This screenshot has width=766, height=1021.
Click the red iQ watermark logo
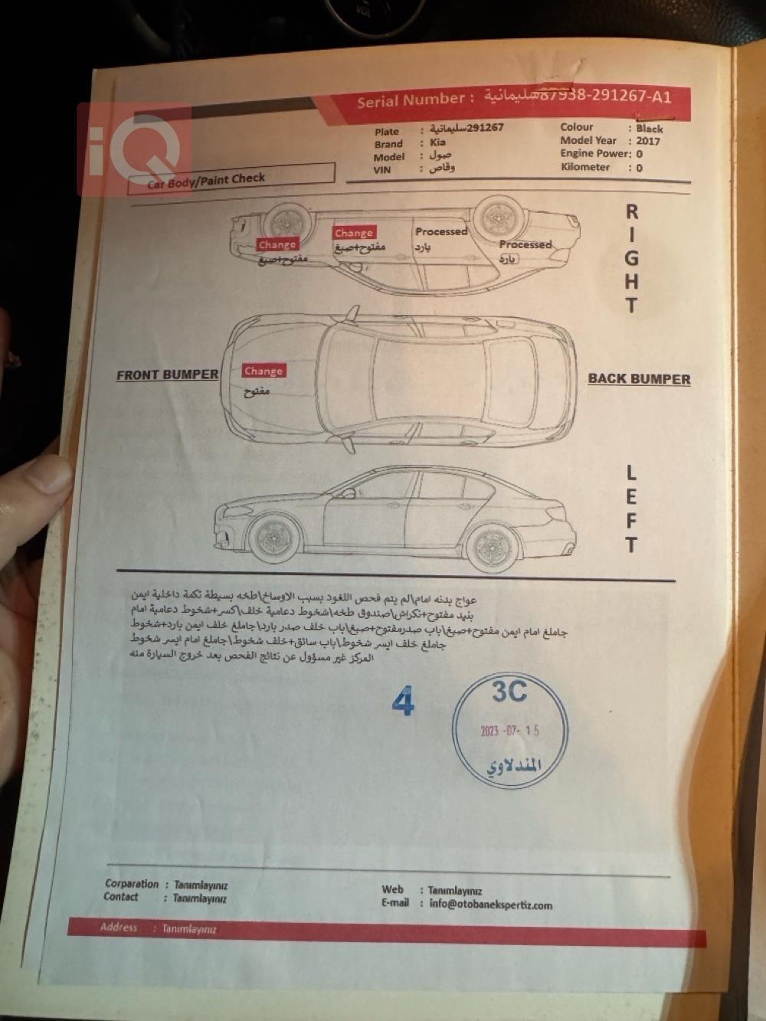click(x=133, y=148)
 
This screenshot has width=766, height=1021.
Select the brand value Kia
click(x=437, y=142)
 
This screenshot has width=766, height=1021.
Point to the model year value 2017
click(x=647, y=141)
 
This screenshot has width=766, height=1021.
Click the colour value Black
click(x=649, y=129)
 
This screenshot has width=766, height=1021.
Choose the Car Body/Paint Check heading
click(x=207, y=180)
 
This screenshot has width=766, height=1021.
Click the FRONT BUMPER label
click(x=167, y=375)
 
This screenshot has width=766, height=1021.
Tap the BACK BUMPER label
click(x=639, y=378)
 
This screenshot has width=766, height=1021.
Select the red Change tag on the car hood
click(x=264, y=371)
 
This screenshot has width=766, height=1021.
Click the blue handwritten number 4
click(x=403, y=702)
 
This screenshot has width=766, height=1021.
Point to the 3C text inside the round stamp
click(x=509, y=692)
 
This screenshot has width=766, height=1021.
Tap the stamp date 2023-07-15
click(x=509, y=731)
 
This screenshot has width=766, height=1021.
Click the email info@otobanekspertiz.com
click(x=490, y=905)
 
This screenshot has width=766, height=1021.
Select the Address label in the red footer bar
click(x=119, y=928)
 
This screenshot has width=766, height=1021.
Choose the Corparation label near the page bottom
click(x=132, y=884)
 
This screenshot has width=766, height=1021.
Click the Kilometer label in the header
click(x=585, y=167)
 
